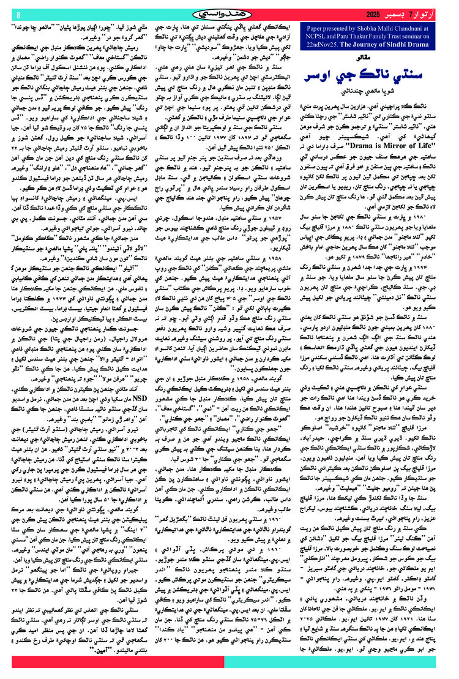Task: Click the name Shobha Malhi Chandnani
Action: point(395,28)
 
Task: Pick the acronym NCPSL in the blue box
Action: point(319,36)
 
